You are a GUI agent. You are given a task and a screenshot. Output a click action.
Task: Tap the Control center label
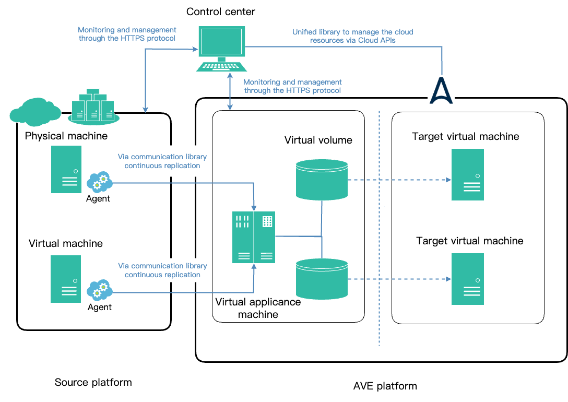tap(221, 11)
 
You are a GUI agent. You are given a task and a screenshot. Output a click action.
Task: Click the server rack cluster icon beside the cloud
tap(92, 106)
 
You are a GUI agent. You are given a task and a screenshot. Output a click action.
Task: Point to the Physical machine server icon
tap(66, 169)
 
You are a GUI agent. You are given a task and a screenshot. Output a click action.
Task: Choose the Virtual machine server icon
tap(66, 279)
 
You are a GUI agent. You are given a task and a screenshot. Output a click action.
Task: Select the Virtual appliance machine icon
tap(254, 237)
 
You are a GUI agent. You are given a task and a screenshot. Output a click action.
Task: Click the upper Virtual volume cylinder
tap(322, 179)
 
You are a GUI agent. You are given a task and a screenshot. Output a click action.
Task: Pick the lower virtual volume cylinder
tap(322, 278)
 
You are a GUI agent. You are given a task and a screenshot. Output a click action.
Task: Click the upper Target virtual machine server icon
tap(468, 174)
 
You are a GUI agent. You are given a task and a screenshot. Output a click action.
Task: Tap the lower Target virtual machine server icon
tap(468, 279)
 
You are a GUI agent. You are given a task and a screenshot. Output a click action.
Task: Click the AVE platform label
tap(385, 386)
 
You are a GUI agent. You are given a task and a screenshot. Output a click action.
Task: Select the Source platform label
tap(93, 383)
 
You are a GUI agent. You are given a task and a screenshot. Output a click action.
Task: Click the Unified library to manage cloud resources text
tap(353, 36)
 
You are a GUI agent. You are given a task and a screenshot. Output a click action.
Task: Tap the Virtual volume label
tap(318, 140)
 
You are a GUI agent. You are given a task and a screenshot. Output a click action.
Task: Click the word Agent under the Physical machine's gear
tap(98, 198)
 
